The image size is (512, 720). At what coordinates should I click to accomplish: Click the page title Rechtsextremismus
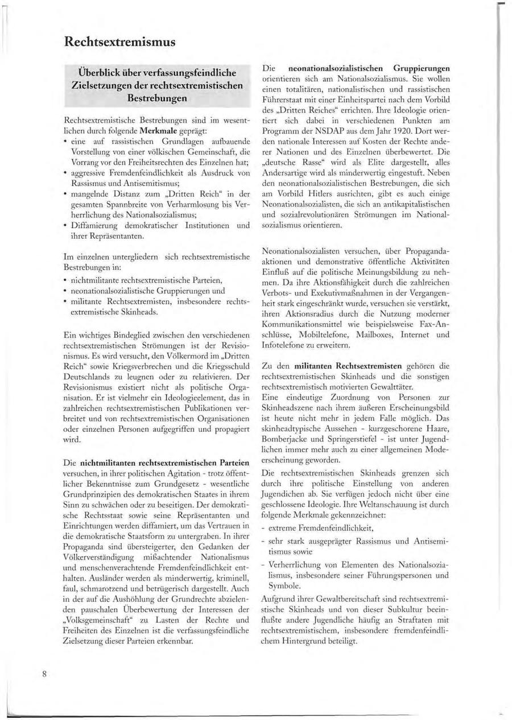(x=119, y=42)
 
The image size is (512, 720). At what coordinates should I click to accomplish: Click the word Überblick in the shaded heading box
(x=104, y=73)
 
